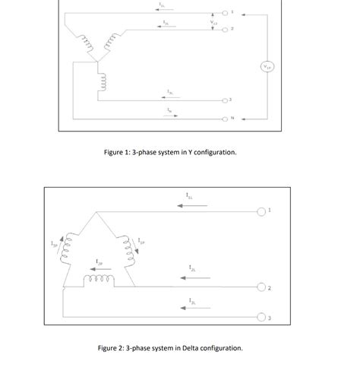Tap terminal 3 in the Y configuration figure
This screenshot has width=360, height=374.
point(226,100)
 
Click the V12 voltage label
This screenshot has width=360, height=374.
point(214,22)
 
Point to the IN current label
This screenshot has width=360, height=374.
point(170,109)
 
